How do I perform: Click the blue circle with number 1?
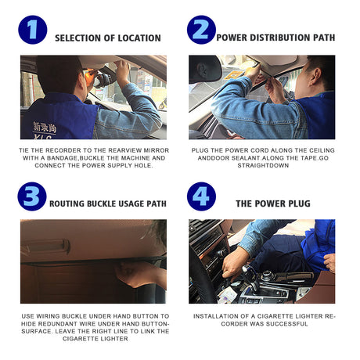click(33, 30)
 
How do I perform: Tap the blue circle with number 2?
click(201, 30)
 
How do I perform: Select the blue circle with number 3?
click(32, 196)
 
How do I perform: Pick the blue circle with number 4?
click(201, 196)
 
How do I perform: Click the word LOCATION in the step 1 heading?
click(139, 38)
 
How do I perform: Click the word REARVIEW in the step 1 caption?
click(121, 150)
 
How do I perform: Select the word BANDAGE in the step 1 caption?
click(63, 158)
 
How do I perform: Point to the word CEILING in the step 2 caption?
click(322, 150)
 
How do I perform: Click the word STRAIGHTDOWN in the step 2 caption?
click(263, 166)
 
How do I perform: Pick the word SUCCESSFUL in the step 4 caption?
click(290, 324)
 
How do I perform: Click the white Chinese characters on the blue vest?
click(45, 128)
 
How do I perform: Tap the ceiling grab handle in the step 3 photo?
click(46, 247)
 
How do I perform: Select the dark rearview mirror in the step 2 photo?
click(205, 69)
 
